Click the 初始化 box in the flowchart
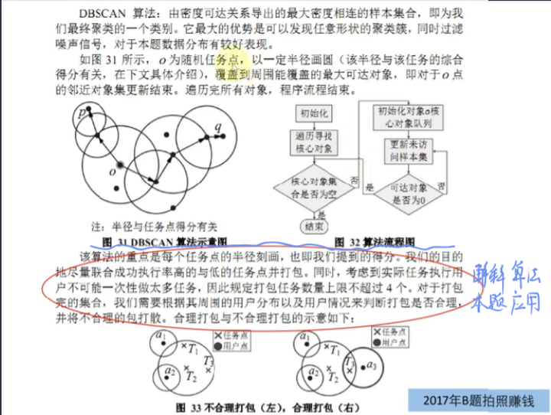click(314, 114)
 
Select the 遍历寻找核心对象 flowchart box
click(313, 142)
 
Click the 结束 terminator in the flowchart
click(315, 227)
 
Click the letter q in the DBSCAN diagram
click(219, 126)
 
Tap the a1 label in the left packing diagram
click(160, 336)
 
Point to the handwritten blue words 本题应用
click(496, 300)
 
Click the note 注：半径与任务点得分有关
click(154, 227)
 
